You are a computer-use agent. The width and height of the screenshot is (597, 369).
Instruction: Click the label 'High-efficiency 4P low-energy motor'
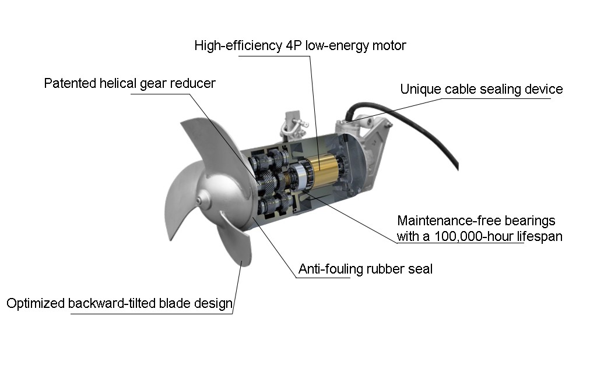tap(300, 45)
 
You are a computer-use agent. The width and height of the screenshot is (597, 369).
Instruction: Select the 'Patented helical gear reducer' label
tap(129, 83)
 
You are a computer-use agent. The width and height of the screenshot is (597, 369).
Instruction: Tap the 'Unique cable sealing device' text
tap(481, 89)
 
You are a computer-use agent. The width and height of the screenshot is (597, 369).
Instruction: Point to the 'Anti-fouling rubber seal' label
tap(365, 269)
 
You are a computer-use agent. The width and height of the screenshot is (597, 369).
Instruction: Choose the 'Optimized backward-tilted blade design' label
tap(119, 304)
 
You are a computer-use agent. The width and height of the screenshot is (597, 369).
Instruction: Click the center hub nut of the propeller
tap(200, 201)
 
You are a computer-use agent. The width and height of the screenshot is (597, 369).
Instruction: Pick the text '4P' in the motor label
tap(293, 45)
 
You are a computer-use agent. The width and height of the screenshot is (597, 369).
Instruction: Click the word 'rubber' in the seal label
tap(385, 269)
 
